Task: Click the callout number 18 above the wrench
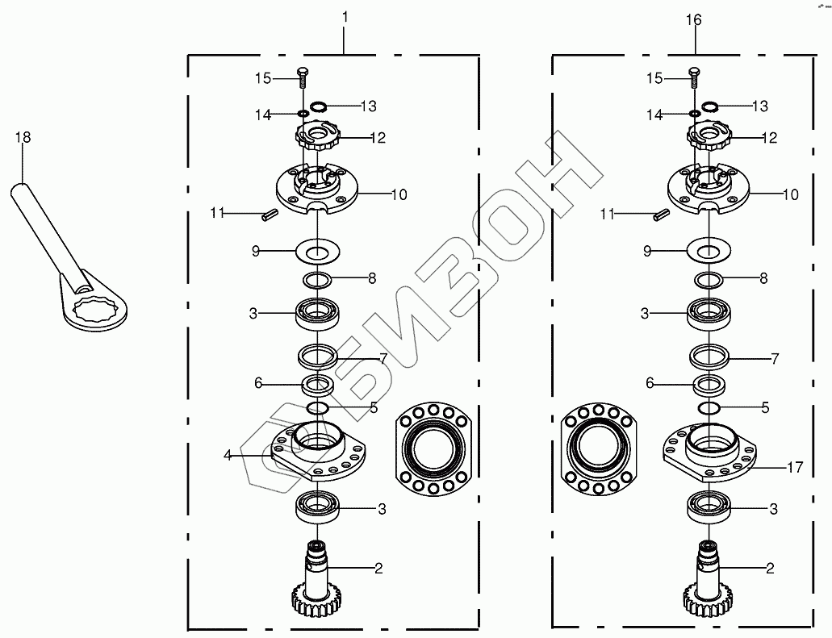click(x=23, y=137)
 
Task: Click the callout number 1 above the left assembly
click(x=345, y=17)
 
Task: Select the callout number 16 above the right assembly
click(x=693, y=19)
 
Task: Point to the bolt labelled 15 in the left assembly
click(x=303, y=77)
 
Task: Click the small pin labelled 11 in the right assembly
click(x=661, y=215)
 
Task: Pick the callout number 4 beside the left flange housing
click(x=228, y=455)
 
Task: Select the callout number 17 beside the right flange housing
click(x=795, y=467)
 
